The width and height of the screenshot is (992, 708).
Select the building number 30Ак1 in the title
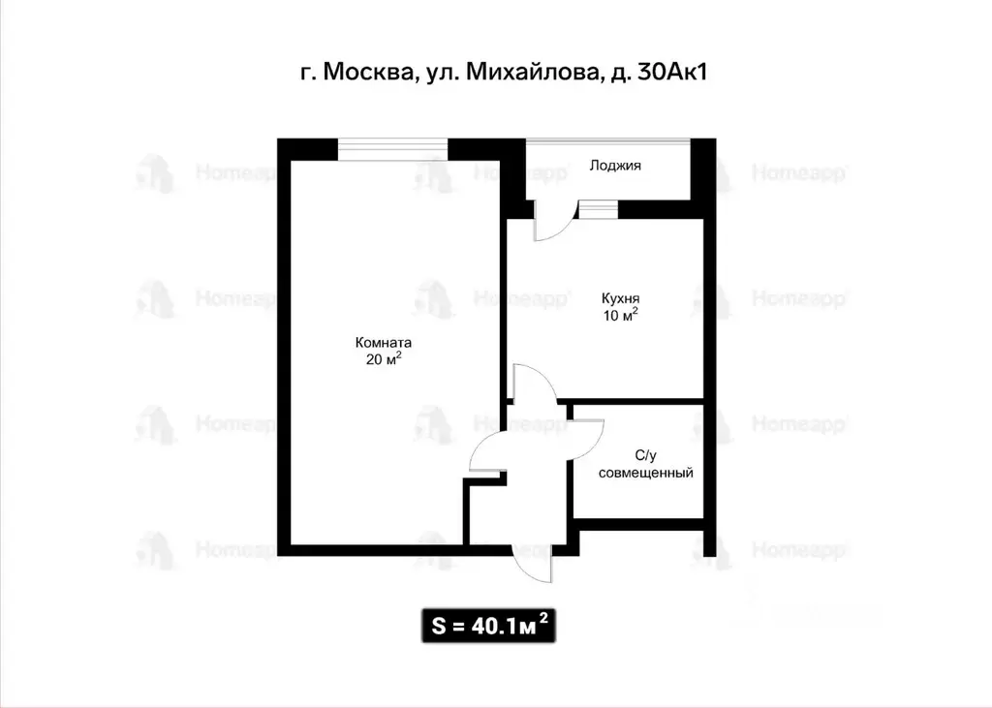click(x=669, y=73)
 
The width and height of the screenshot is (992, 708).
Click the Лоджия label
click(x=615, y=166)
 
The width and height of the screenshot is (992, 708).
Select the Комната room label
click(x=384, y=342)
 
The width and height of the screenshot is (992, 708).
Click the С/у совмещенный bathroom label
click(x=646, y=465)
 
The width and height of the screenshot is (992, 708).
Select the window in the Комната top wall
click(x=392, y=149)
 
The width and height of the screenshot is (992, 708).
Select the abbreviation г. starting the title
click(x=307, y=75)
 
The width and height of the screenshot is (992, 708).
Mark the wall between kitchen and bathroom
click(x=635, y=401)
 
